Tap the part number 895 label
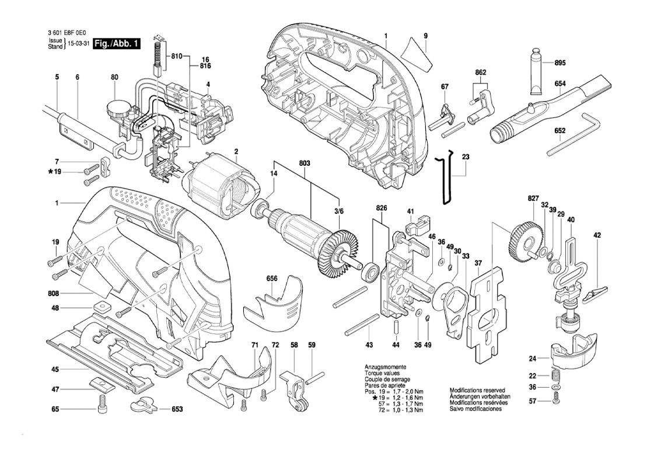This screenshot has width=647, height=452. pos(561,62)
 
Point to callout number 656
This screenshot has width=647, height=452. pos(271,279)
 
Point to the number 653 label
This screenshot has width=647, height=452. pos(177,410)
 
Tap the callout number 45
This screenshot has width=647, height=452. pos(54,369)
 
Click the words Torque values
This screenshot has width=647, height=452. pos(380,372)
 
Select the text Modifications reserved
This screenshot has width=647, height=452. pos(477,390)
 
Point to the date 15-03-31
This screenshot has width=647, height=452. pos(79,44)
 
